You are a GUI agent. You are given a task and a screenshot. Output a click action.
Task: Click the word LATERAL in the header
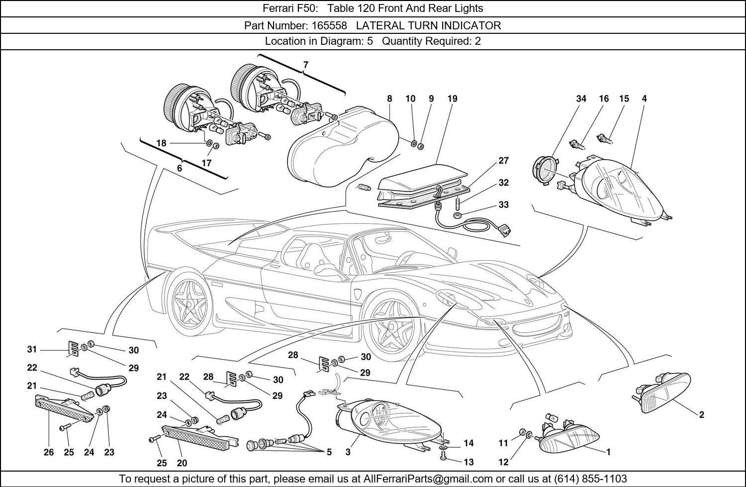coord(379,25)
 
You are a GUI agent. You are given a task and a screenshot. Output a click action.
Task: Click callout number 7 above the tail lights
coord(305,65)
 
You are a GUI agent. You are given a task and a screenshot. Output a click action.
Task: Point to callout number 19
coord(452,98)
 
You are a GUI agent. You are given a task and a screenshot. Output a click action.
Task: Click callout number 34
coord(581,98)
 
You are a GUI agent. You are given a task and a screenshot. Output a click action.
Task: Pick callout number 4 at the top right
coord(644,98)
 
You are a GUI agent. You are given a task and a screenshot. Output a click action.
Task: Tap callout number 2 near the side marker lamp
coord(701,414)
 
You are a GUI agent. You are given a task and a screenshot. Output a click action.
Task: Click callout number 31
coord(32,350)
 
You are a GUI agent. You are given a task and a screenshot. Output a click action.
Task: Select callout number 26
coord(48,452)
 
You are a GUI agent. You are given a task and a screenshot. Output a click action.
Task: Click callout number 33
coord(503,204)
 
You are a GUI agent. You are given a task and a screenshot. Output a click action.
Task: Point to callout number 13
coord(468,462)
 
